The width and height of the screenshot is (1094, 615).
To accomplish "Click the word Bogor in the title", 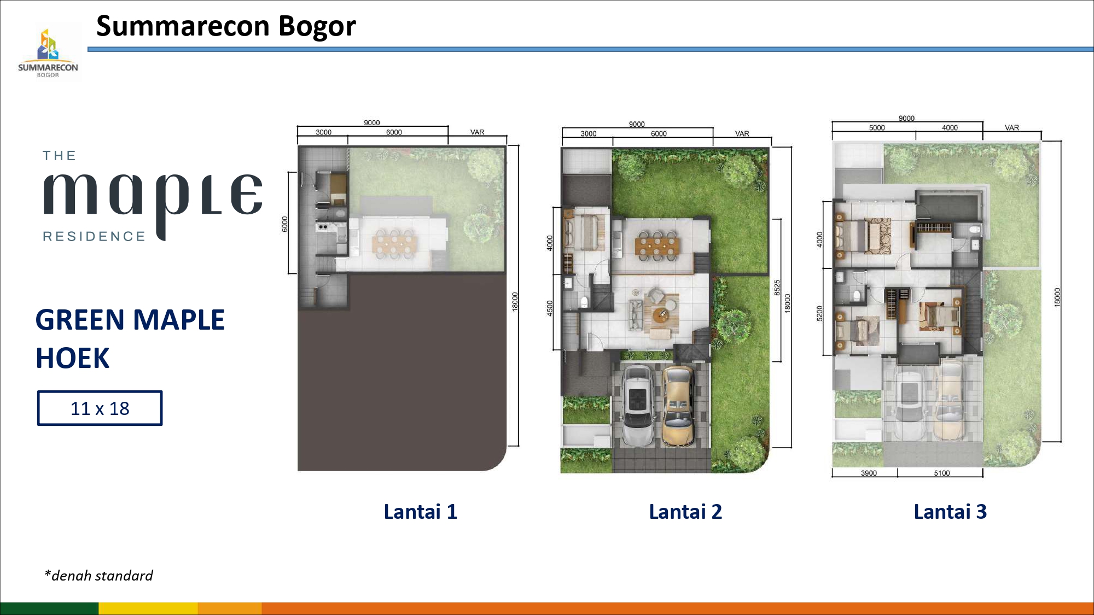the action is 317,26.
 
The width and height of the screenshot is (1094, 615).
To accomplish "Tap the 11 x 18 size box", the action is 100,408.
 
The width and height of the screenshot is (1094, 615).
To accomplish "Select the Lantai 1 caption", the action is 420,512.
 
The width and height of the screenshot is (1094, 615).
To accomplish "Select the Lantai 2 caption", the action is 685,512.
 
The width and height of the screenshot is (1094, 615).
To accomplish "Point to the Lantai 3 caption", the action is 950,512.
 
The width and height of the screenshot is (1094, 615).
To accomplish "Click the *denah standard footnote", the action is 98,576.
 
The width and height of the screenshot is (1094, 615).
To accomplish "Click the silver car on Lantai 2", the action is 638,405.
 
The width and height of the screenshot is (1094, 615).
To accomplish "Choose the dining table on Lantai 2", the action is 657,244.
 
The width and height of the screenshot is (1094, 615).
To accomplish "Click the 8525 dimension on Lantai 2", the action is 777,288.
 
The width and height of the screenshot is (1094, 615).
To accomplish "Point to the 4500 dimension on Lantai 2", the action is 550,308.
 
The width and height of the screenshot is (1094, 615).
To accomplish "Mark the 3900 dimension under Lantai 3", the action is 869,473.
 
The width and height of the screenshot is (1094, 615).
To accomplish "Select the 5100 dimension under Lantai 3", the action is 942,473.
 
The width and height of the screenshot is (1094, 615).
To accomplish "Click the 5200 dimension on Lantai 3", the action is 819,313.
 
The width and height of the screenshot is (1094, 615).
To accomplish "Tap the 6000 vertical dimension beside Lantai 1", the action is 284,224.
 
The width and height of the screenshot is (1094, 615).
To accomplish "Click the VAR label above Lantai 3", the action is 1012,128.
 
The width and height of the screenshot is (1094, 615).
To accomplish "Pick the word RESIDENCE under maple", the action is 94,236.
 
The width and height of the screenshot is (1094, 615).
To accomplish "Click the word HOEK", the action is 73,359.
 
